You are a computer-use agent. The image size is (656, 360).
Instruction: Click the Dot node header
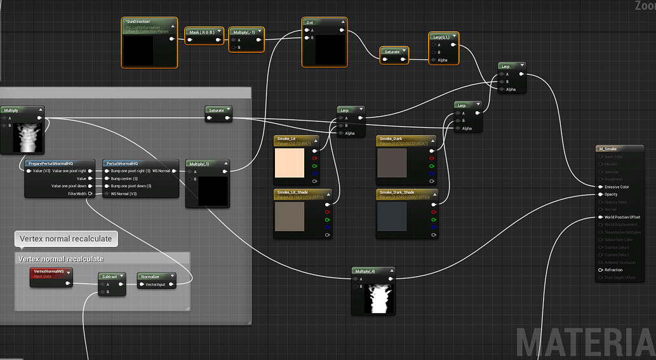coord(311,22)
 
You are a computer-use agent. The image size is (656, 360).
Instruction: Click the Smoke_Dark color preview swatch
coord(392,163)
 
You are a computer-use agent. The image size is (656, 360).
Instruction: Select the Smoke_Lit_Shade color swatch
coord(290,217)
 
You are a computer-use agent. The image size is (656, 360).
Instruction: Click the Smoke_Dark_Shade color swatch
coord(392,217)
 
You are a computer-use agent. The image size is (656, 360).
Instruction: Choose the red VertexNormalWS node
coord(50,271)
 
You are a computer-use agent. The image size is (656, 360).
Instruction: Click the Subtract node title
coord(110,276)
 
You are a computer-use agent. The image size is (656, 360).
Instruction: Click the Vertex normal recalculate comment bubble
coord(65,239)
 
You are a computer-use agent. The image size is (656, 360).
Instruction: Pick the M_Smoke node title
coord(608,149)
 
